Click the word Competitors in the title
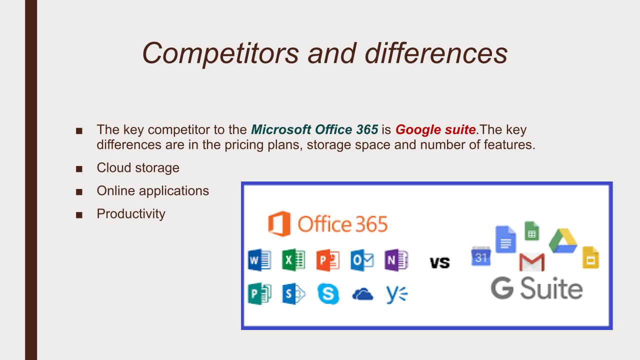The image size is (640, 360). [x=220, y=53]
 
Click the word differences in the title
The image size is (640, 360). [x=436, y=53]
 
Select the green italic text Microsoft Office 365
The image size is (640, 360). [x=314, y=129]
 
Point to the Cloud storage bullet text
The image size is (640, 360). [x=138, y=167]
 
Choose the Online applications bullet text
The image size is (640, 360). [x=153, y=191]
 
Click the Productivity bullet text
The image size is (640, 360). [x=131, y=214]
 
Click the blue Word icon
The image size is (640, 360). [x=259, y=260]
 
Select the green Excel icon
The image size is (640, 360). [x=293, y=260]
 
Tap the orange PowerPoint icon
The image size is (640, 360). [x=328, y=260]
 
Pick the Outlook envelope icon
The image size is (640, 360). [x=362, y=260]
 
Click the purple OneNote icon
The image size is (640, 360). [x=396, y=260]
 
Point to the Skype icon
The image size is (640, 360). [x=328, y=293]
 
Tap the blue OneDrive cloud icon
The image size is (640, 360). [x=362, y=294]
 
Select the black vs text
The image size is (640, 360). [x=439, y=262]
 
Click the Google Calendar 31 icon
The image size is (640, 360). [x=481, y=256]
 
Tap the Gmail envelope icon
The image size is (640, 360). [x=532, y=262]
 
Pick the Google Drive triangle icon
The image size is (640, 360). [x=563, y=240]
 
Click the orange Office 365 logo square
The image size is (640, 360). [x=279, y=223]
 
